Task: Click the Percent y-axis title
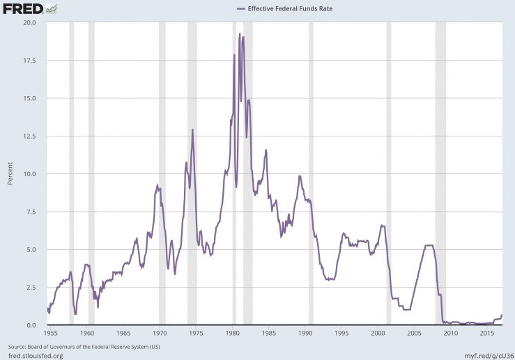[10, 174]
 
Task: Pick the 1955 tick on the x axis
[50, 333]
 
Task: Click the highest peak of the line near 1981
[240, 34]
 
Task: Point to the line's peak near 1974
[192, 130]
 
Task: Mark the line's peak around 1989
[300, 176]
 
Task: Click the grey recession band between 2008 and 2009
[440, 174]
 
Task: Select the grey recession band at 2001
[389, 174]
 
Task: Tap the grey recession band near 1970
[162, 174]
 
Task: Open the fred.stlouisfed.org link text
[36, 355]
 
